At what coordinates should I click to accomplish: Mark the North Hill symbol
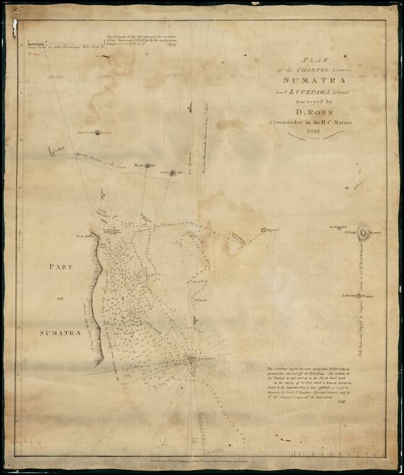[147, 165]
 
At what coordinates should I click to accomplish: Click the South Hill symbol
[173, 173]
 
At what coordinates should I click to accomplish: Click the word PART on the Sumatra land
[59, 267]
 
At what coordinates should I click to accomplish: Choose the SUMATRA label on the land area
[60, 333]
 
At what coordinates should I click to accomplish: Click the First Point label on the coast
[84, 236]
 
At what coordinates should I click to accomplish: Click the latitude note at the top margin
[142, 41]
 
